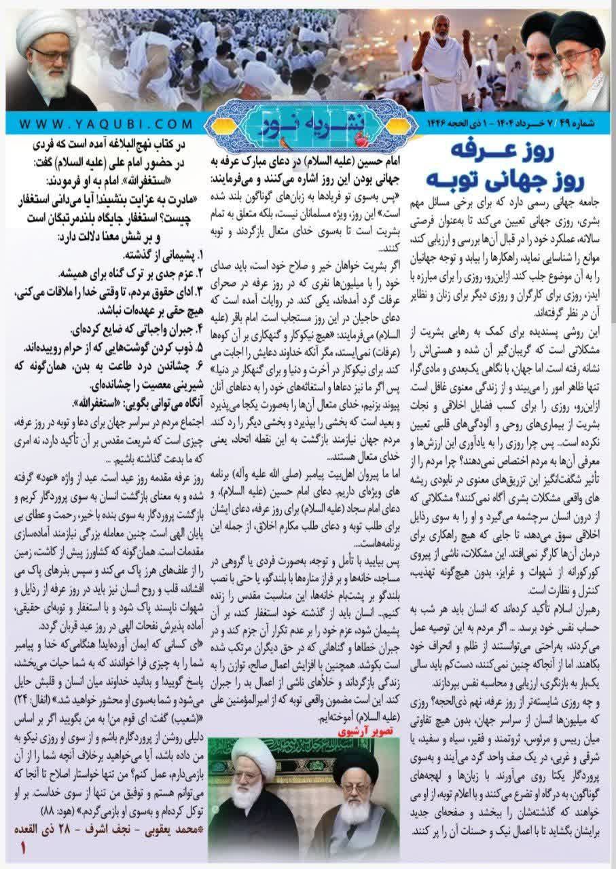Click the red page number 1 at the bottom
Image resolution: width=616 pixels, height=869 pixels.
(25, 848)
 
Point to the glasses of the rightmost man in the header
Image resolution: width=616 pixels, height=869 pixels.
(575, 54)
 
